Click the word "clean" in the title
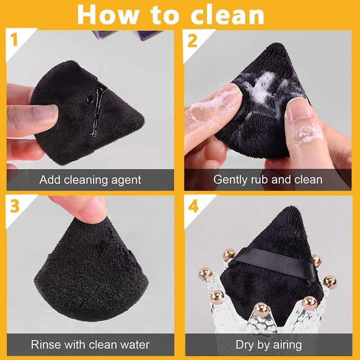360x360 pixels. click(227, 14)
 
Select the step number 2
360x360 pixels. click(193, 41)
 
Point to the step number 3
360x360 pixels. click(15, 207)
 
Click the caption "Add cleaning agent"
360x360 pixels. click(90, 180)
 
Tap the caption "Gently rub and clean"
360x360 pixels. click(268, 180)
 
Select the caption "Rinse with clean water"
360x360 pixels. click(90, 345)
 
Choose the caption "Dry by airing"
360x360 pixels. click(269, 345)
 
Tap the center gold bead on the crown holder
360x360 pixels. click(260, 309)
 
